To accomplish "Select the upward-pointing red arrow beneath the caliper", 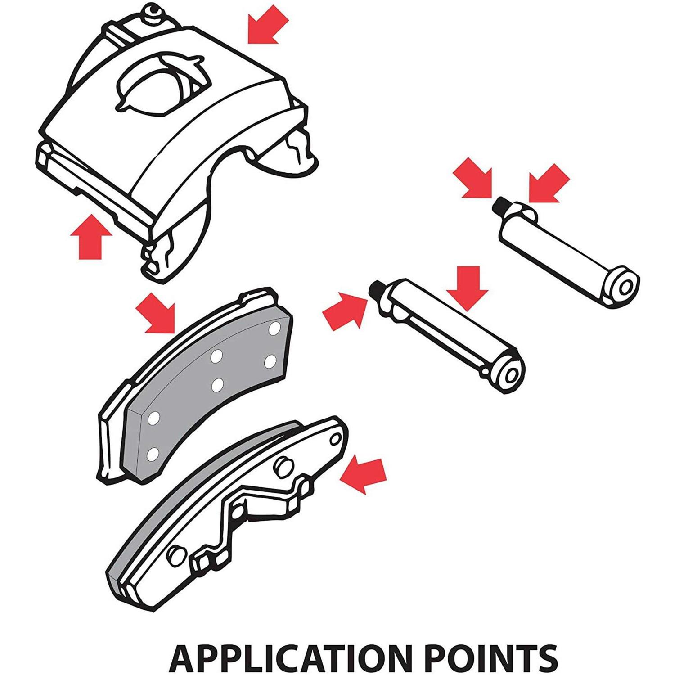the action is [x=92, y=236].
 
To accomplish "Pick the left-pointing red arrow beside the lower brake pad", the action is [x=363, y=475].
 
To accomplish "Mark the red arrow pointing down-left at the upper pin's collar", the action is [x=548, y=183].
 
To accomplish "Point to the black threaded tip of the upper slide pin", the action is [x=500, y=206].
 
